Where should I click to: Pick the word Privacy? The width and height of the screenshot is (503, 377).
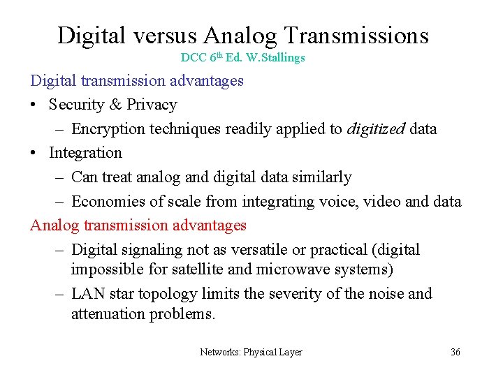pyautogui.click(x=152, y=105)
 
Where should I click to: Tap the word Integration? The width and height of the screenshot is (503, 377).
pyautogui.click(x=85, y=152)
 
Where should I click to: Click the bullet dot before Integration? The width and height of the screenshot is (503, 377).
pyautogui.click(x=34, y=153)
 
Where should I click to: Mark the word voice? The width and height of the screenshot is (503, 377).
pyautogui.click(x=337, y=202)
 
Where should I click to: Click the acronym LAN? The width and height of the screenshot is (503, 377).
pyautogui.click(x=87, y=293)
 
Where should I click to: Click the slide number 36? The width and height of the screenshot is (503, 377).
pyautogui.click(x=455, y=353)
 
